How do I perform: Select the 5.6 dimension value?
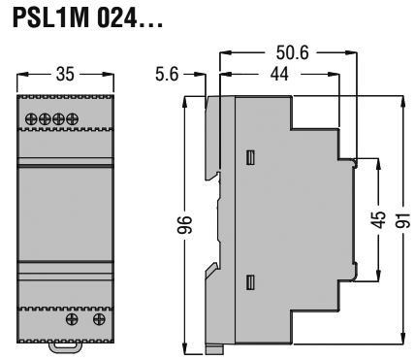(168, 73)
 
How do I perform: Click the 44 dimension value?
(279, 73)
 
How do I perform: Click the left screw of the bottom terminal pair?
(71, 318)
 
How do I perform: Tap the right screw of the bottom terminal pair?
(97, 318)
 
